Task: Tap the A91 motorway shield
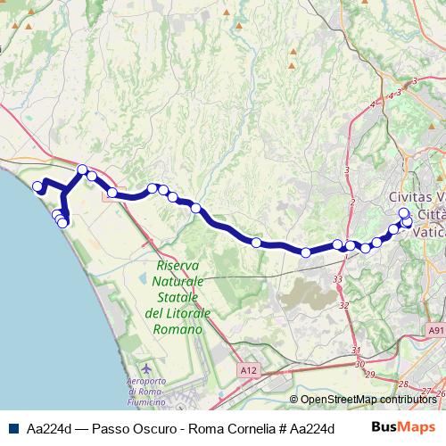click(x=434, y=330)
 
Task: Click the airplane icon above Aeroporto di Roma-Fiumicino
click(x=147, y=368)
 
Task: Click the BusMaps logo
click(x=404, y=426)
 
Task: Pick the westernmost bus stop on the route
click(x=37, y=186)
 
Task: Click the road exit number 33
click(x=338, y=280)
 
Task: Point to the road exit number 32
click(x=344, y=306)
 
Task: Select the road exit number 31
click(x=356, y=350)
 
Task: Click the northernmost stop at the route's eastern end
click(x=404, y=213)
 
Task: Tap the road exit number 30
click(x=359, y=364)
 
